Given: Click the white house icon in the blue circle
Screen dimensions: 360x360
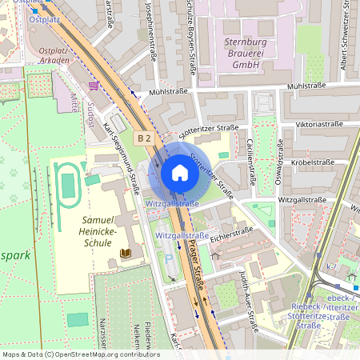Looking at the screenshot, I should [x=180, y=173].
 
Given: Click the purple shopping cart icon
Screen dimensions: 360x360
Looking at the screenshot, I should [x=94, y=85].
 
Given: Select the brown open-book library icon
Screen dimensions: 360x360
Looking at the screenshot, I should [x=125, y=254].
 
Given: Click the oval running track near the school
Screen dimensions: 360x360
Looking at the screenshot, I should [x=68, y=184].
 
